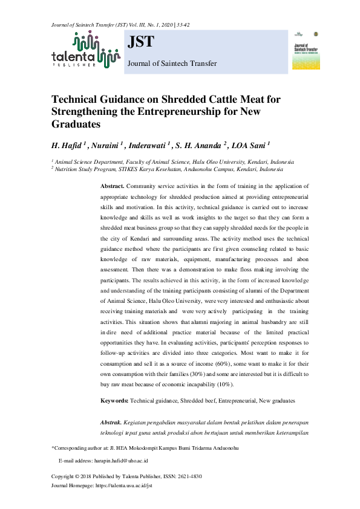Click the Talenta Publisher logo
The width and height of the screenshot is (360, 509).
(85, 49)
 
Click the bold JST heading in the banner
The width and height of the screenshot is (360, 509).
(141, 42)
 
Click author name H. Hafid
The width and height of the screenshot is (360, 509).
(68, 145)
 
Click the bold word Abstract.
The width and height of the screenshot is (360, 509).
(112, 186)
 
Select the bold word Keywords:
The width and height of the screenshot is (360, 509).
(114, 400)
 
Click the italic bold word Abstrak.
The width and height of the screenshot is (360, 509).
(112, 421)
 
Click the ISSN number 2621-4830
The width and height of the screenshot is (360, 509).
(187, 476)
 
